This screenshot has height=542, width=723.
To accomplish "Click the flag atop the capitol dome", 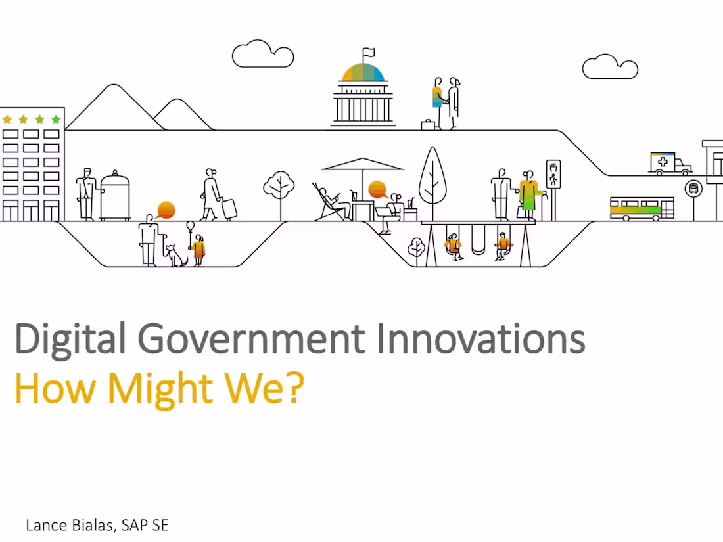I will click(x=368, y=52).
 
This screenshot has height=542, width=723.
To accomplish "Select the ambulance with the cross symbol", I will click(x=670, y=164).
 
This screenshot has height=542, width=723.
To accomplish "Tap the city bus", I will click(x=641, y=208).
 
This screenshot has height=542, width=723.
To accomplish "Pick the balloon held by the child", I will click(x=191, y=227).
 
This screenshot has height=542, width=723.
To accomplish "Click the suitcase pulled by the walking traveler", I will click(x=229, y=208).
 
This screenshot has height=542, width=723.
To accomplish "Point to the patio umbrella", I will click(x=362, y=165).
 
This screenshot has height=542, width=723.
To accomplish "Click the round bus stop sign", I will click(x=693, y=189).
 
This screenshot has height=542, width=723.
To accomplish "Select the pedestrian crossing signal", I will click(x=553, y=174).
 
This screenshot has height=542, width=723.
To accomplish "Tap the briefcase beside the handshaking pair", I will click(x=428, y=124).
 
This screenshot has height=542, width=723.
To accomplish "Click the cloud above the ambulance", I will click(x=610, y=66).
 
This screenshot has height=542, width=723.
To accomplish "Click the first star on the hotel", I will click(x=7, y=120).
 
